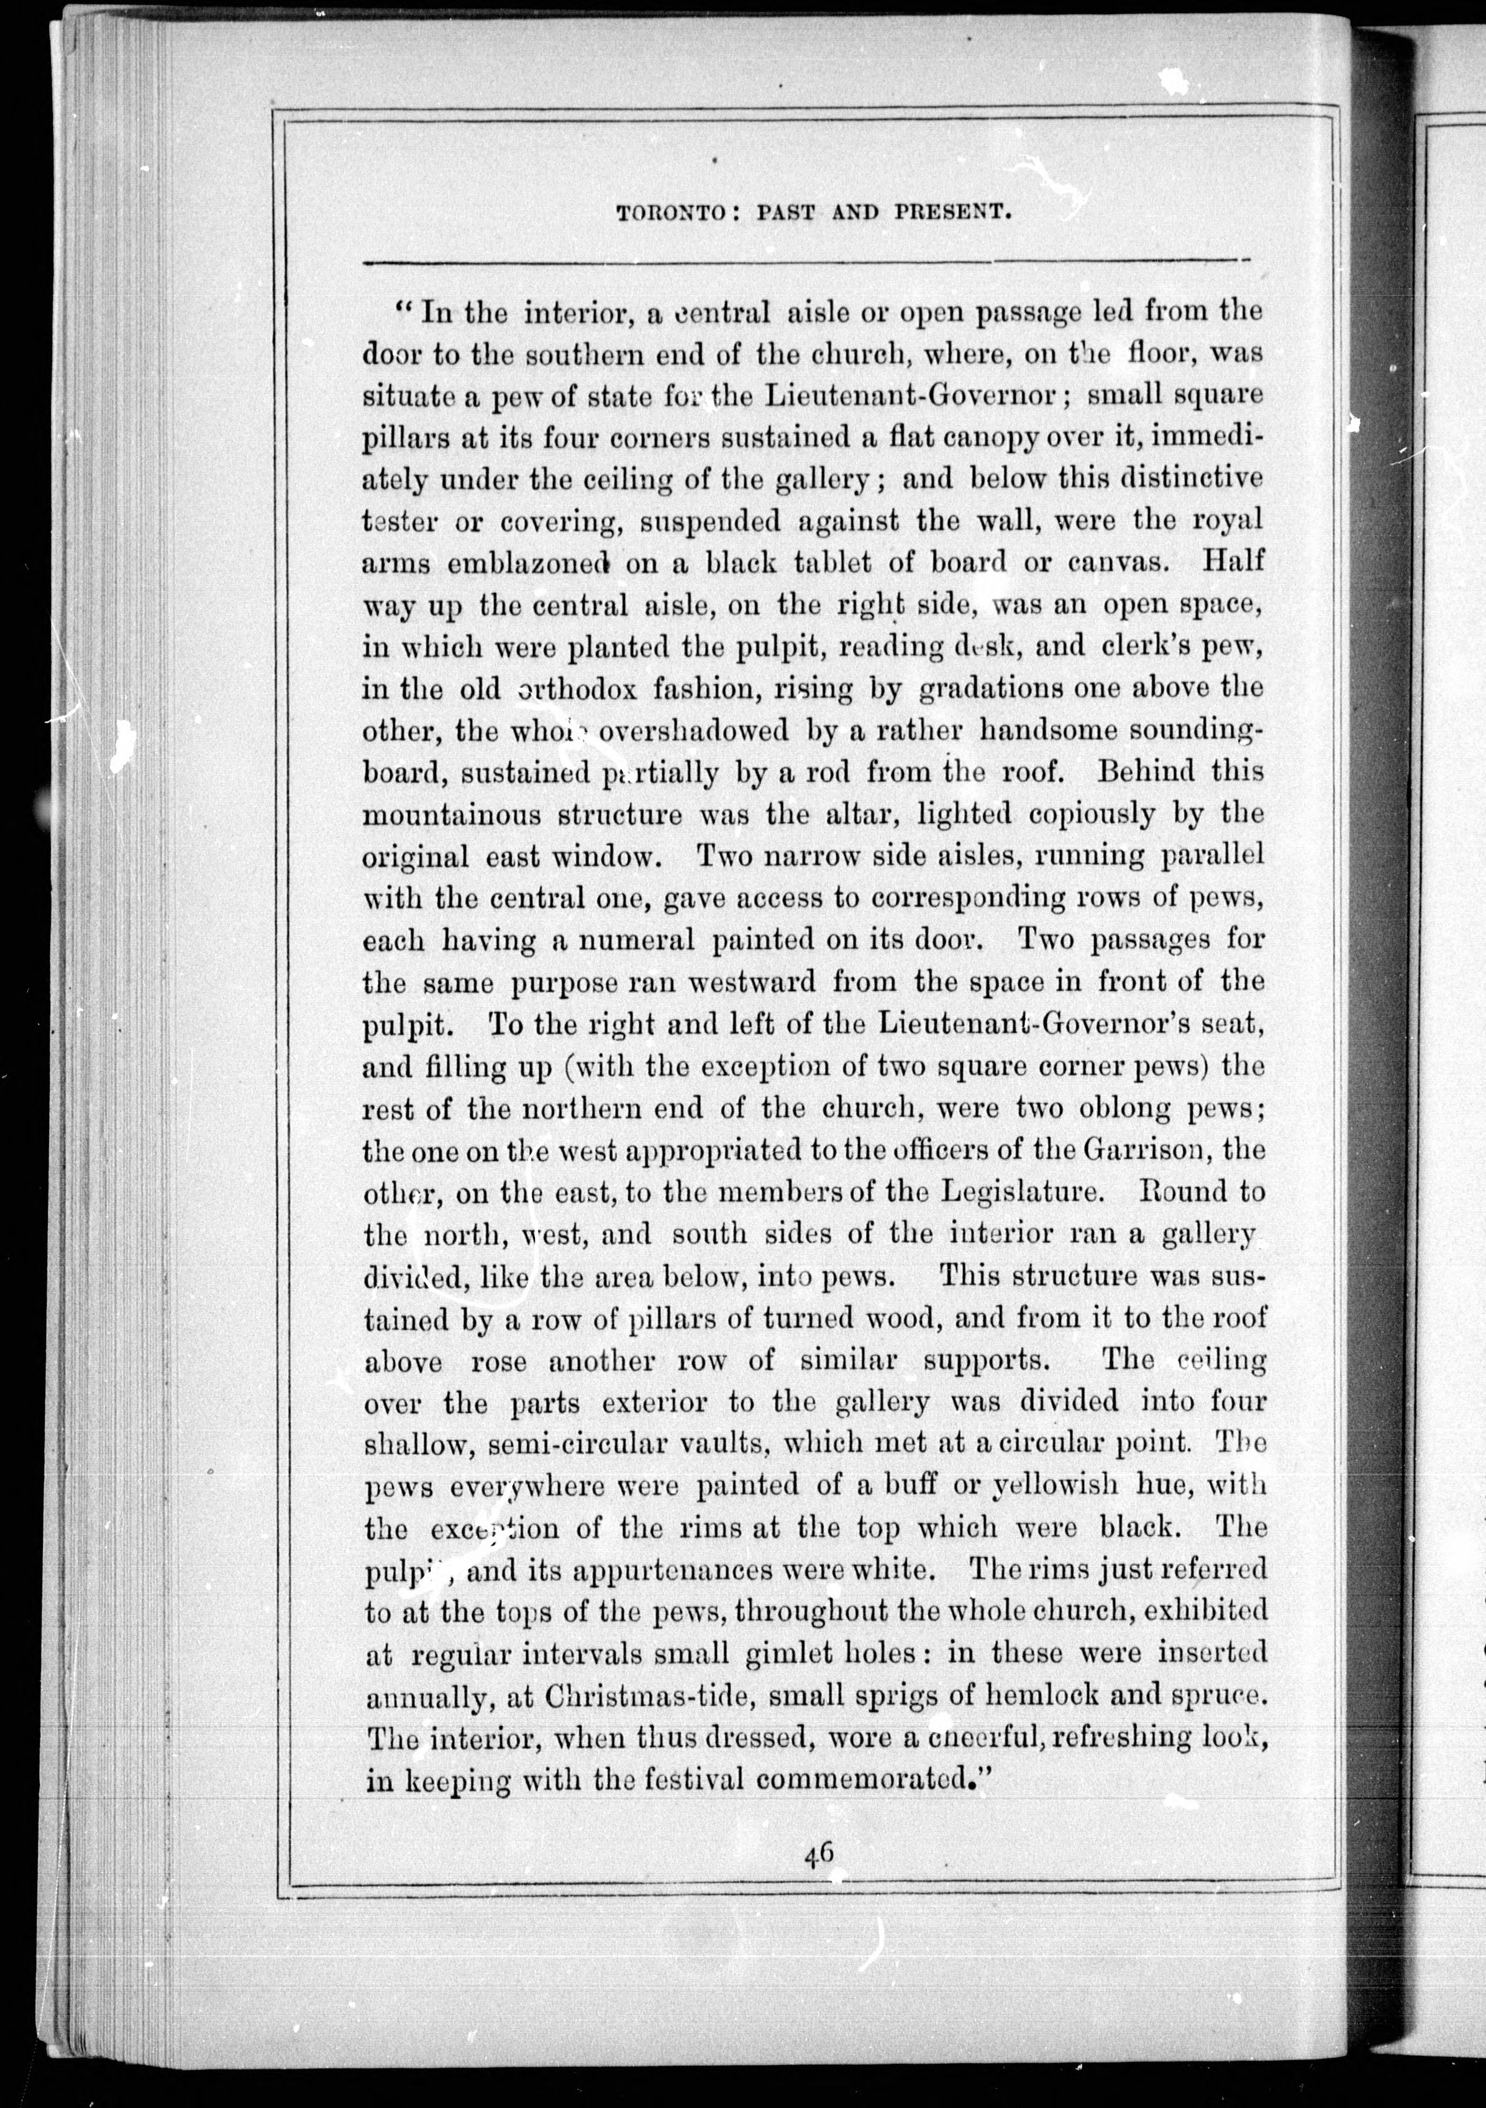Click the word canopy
[x=977, y=439]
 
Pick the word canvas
[x=1118, y=562]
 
